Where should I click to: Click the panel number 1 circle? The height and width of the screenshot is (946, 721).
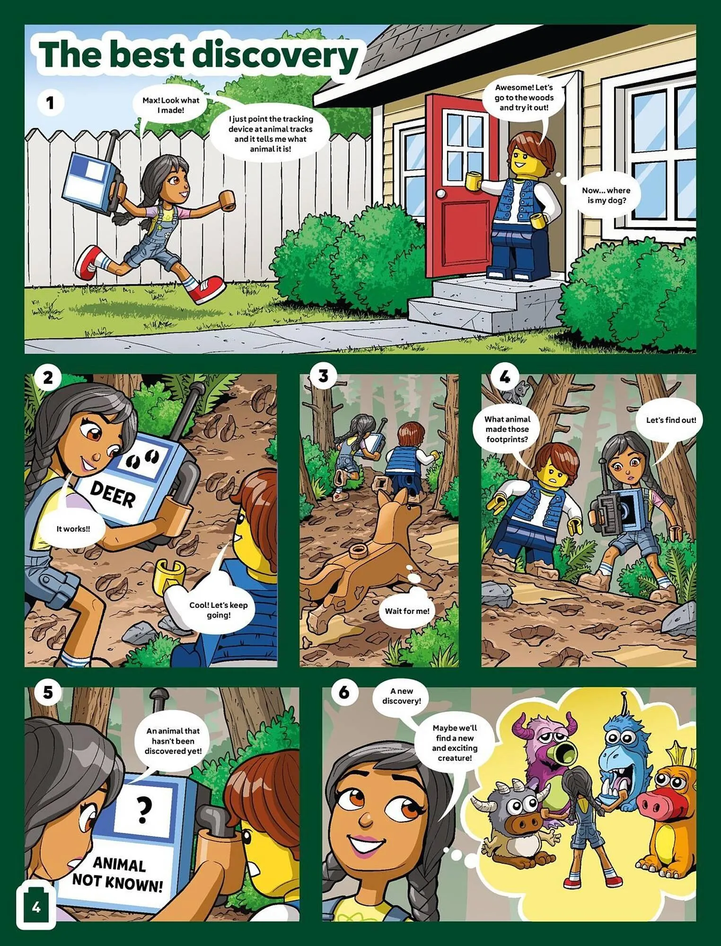click(x=50, y=103)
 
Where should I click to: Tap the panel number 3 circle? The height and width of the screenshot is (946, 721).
click(x=323, y=377)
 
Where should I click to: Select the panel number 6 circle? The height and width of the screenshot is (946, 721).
click(x=344, y=692)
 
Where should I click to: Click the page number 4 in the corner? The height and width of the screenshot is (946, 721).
click(x=36, y=907)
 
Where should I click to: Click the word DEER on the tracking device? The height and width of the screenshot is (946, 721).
click(x=113, y=495)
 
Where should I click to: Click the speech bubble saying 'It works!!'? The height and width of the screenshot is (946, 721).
click(x=73, y=529)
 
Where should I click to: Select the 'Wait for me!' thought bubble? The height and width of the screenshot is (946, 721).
click(x=407, y=611)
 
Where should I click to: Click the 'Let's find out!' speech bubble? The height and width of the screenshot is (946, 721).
click(x=671, y=420)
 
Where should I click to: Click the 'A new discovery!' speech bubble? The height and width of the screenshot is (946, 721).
click(x=402, y=696)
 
